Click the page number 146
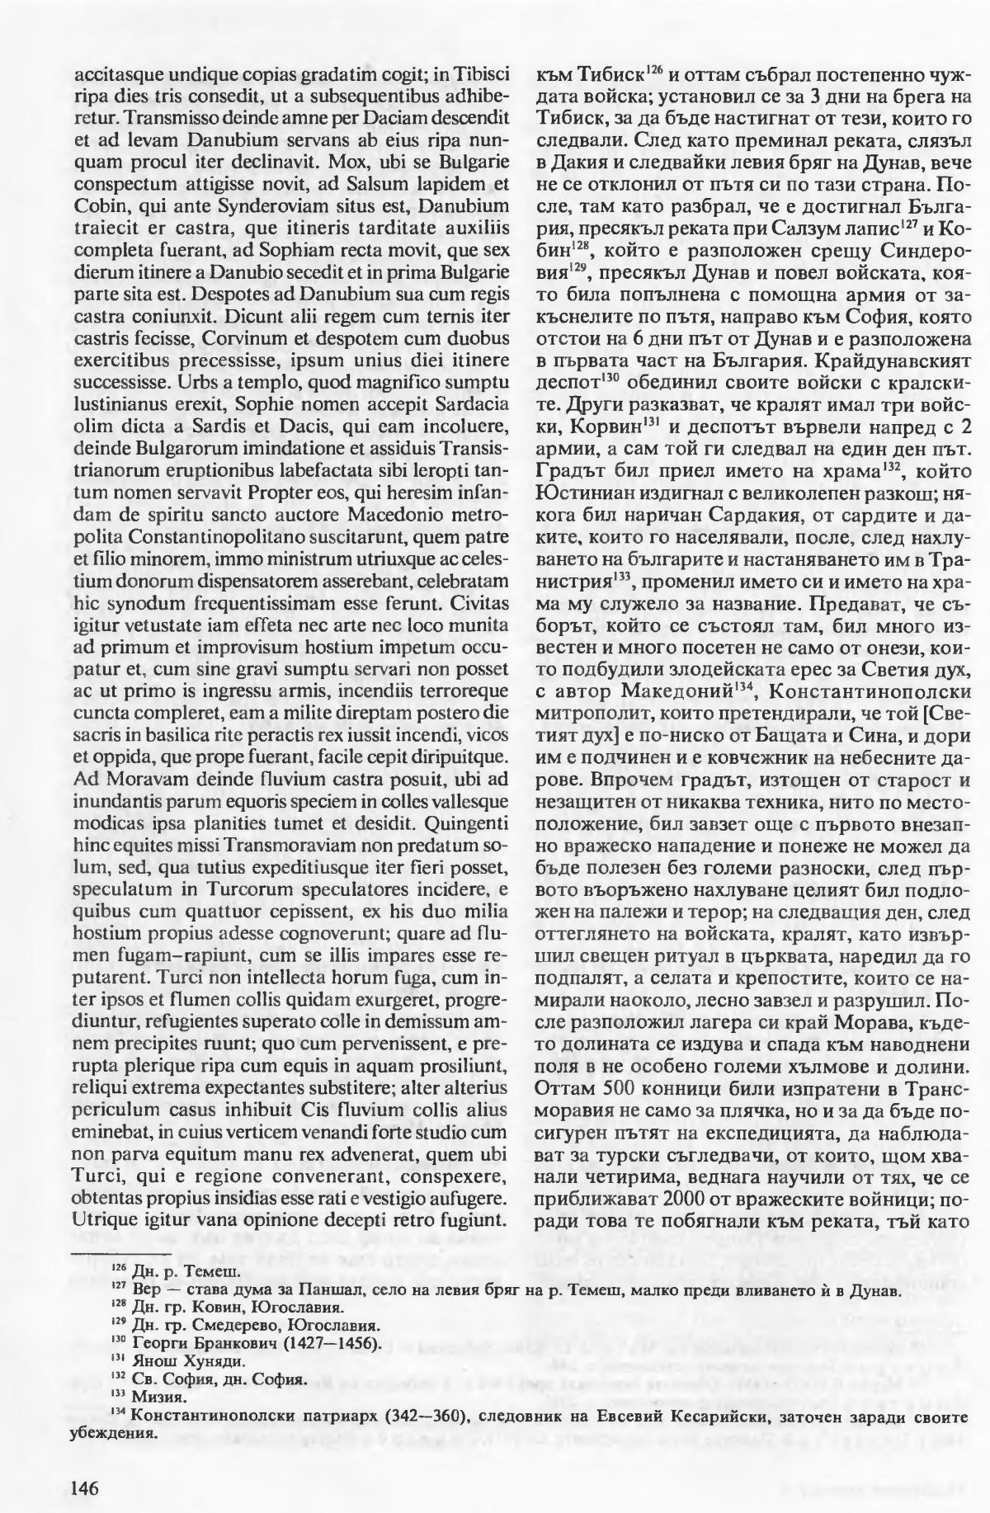86,1465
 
